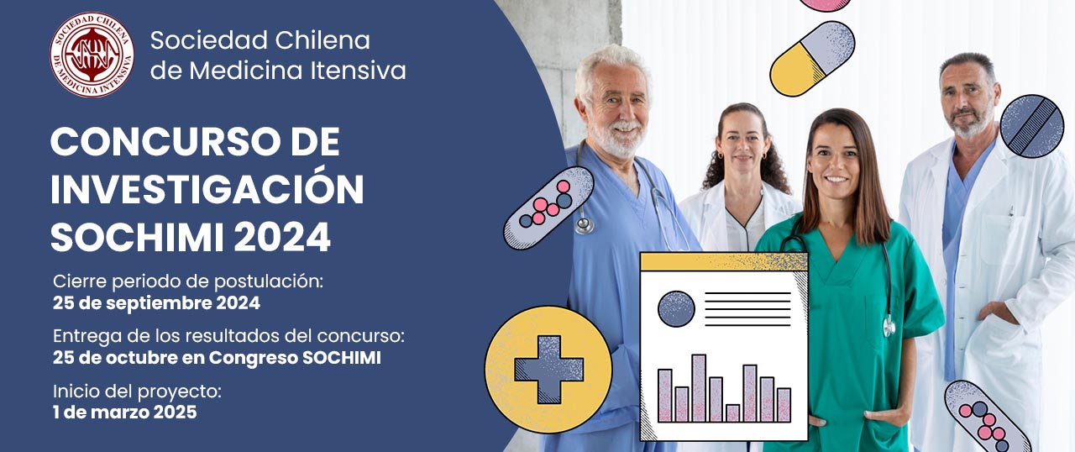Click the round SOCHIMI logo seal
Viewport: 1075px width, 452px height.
(92, 55)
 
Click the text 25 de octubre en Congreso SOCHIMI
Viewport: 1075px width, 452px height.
(217, 358)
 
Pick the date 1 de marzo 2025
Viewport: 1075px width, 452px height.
(125, 413)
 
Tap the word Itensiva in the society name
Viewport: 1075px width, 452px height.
(358, 71)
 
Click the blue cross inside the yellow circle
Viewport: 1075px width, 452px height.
(548, 369)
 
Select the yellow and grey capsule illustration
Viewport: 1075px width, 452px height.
(812, 58)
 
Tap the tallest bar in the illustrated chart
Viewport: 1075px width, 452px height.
(699, 388)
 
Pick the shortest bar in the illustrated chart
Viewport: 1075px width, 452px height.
(732, 413)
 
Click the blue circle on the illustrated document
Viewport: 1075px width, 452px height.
(676, 309)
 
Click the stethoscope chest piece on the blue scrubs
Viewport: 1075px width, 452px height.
(584, 225)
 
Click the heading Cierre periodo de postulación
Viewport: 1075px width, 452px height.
(188, 281)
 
